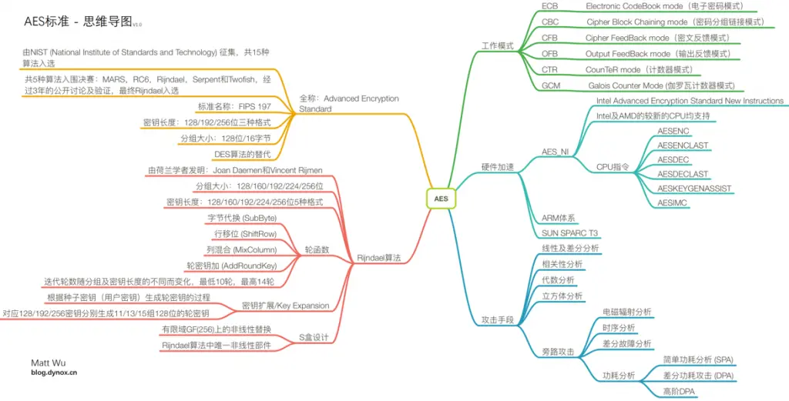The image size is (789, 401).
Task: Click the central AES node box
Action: [x=441, y=199]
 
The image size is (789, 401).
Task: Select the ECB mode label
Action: [x=550, y=5]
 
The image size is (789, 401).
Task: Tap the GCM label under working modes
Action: [x=551, y=85]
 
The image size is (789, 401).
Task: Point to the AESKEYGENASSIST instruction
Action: [x=694, y=188]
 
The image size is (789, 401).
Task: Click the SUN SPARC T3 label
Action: [x=570, y=233]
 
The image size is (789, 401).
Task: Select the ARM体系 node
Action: [x=559, y=219]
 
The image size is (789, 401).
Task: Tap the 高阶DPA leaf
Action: [x=679, y=392]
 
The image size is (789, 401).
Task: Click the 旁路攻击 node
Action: [x=558, y=352]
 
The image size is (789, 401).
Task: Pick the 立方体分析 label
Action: [x=563, y=295]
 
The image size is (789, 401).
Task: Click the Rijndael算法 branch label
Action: [x=379, y=259]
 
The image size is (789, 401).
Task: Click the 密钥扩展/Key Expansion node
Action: [x=286, y=305]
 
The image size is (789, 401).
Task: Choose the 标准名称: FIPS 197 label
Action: [x=234, y=106]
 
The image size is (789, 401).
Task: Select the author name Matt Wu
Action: [x=48, y=363]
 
